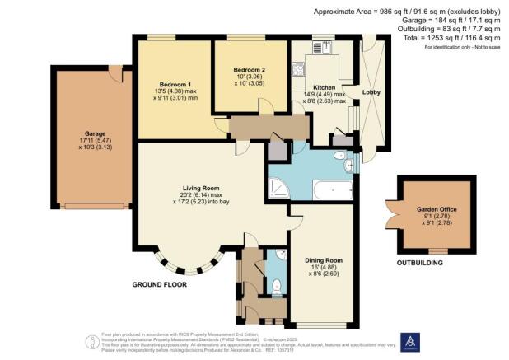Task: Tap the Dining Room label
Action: pyautogui.click(x=322, y=261)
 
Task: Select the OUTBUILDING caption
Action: pyautogui.click(x=420, y=263)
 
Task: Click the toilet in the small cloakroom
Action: pyautogui.click(x=276, y=286)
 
